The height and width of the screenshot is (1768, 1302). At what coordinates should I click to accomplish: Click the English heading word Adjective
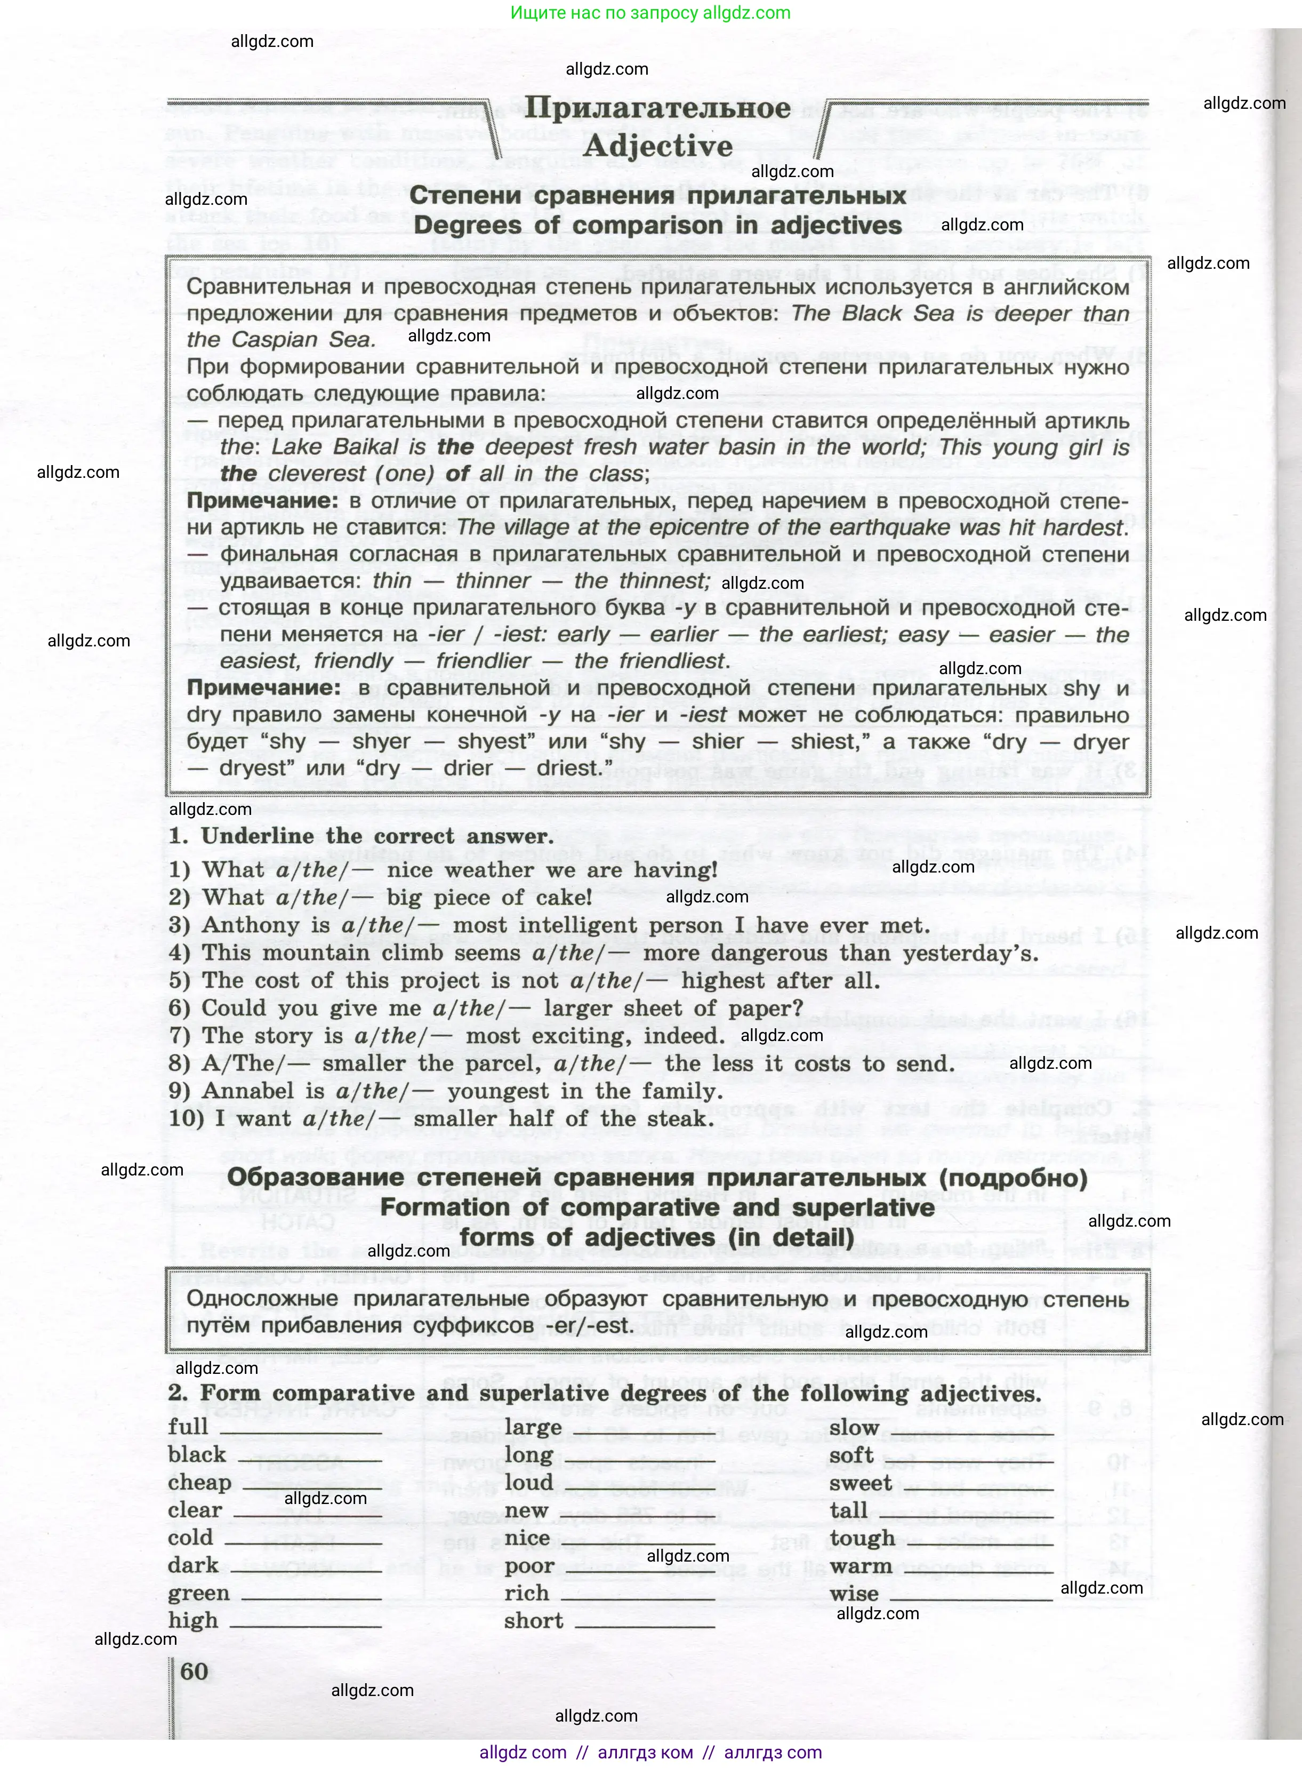coord(658,147)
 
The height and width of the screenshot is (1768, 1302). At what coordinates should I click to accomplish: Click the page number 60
coord(194,1670)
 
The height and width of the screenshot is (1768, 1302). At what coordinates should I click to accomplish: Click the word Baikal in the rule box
coord(366,447)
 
